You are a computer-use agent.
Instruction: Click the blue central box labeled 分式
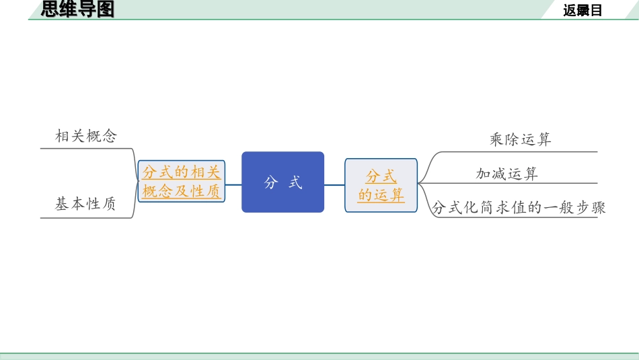(283, 182)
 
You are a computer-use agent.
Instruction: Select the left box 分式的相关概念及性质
(181, 182)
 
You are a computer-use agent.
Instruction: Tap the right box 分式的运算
(381, 185)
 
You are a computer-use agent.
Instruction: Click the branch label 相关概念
(86, 137)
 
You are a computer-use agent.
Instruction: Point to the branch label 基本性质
(85, 204)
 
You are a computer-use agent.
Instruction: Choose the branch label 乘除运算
(521, 140)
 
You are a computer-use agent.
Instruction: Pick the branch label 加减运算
(507, 174)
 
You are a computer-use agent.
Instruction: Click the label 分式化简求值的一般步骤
(519, 208)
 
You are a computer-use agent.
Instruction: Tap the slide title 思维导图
(78, 9)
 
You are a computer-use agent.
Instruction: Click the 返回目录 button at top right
(582, 10)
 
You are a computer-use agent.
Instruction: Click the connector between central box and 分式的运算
(334, 184)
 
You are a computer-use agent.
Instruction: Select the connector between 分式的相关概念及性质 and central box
(233, 184)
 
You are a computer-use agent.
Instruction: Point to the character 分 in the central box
(271, 182)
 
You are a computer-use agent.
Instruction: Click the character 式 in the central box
(295, 182)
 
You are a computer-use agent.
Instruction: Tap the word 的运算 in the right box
(381, 195)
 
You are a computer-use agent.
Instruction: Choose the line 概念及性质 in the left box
(181, 191)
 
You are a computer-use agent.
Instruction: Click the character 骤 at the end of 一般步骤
(599, 208)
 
